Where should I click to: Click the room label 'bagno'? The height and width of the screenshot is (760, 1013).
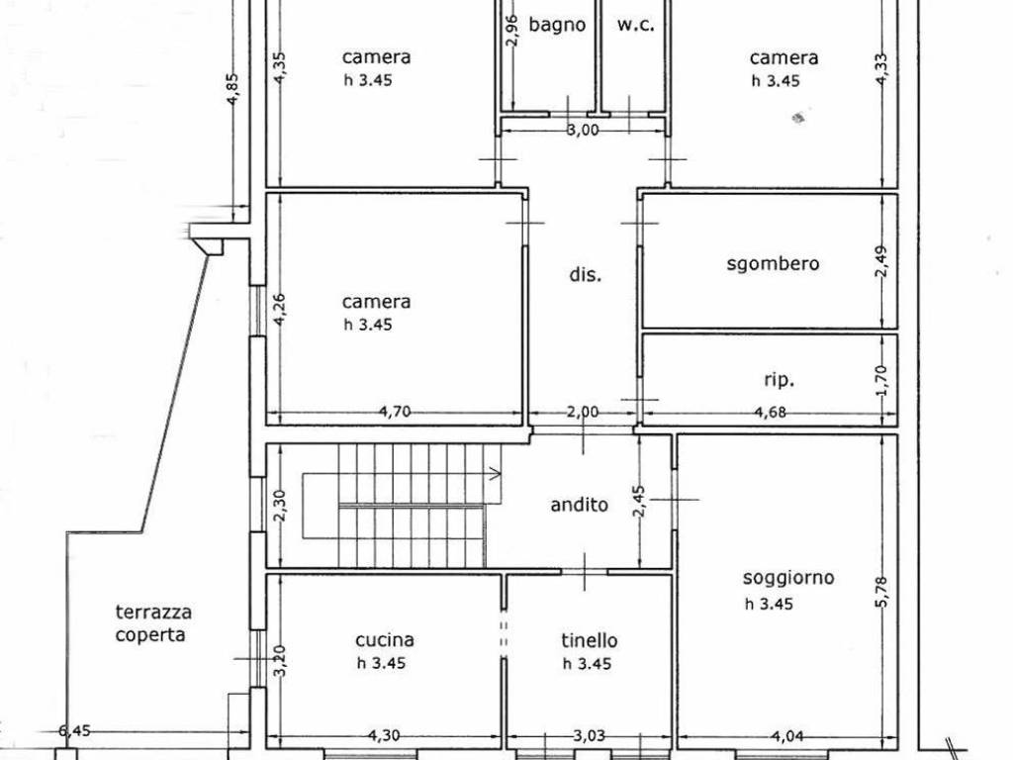point(557,25)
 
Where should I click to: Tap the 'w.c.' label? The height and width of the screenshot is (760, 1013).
point(636,25)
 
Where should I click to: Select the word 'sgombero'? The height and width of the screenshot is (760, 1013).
point(773,263)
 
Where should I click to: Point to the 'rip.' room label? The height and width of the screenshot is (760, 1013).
point(779,380)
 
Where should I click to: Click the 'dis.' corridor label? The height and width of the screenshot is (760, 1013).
point(586,275)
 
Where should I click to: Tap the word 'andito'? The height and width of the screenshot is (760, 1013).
point(580,504)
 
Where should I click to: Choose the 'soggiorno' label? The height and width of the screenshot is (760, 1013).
point(788,578)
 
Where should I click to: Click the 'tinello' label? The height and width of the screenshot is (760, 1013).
point(590,640)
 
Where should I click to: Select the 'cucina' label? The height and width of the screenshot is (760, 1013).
point(385,640)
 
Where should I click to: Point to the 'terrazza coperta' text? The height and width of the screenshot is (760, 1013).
point(153,623)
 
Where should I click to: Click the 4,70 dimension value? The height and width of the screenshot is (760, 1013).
point(394,411)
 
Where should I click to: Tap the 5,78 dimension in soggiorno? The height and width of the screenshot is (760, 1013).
point(882,591)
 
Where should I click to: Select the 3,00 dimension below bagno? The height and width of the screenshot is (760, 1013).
point(583,130)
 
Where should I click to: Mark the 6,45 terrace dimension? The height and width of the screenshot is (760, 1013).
point(74,731)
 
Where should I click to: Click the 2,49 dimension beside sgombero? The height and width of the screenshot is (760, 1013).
point(881,260)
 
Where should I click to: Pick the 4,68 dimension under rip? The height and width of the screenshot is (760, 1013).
point(770,412)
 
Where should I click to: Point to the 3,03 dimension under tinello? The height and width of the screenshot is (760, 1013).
point(590,735)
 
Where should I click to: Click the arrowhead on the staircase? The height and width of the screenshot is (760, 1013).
point(496,474)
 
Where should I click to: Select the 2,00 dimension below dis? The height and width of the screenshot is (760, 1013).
point(583,412)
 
